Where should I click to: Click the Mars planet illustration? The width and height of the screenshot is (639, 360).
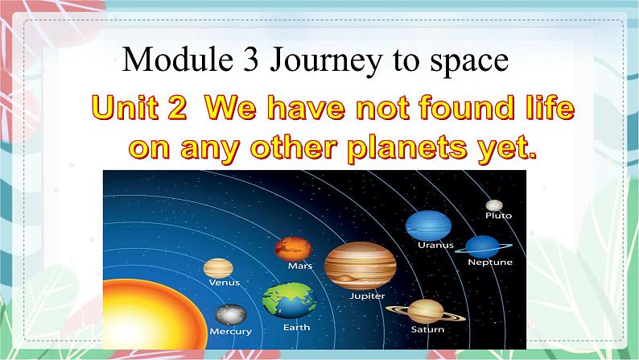293,249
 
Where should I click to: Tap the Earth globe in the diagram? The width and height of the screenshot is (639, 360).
289,300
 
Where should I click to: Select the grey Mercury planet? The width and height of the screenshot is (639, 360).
231,314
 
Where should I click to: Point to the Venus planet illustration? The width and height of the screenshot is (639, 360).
218,268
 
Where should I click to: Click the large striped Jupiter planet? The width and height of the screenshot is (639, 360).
361,266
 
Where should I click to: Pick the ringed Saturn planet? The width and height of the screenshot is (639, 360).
426,312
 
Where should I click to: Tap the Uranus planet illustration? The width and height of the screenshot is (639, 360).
428,226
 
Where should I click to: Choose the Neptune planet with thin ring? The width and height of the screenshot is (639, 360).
484,247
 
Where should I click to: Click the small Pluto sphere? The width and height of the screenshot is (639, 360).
494,205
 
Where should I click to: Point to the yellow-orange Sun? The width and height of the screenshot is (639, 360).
150,316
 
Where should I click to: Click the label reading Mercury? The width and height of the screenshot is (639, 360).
231,332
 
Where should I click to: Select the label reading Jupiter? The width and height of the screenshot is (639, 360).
367,296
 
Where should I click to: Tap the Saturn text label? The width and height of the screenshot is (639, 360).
427,329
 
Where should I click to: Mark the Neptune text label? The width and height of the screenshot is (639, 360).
490,263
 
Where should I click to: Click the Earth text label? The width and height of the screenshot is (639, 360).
297,328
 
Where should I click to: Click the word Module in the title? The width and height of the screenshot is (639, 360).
178,60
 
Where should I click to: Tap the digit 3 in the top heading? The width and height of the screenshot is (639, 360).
251,60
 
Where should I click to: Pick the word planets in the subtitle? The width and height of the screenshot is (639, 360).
406,148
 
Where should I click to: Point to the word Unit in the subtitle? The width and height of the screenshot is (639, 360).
125,108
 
